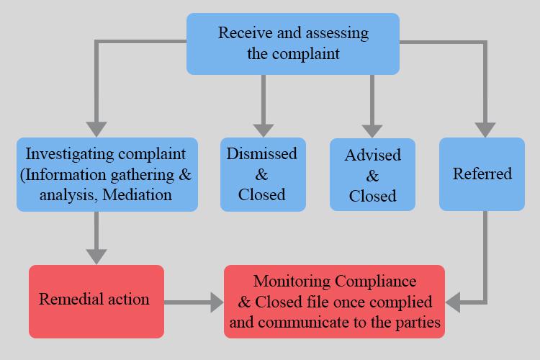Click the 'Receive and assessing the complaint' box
(293, 43)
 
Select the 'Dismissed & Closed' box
(262, 174)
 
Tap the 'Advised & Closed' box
(372, 175)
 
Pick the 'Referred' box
(482, 174)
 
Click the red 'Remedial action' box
(96, 299)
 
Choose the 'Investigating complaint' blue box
(106, 174)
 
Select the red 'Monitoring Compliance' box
(334, 301)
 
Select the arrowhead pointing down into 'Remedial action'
(96, 255)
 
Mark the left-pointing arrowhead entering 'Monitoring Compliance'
(456, 302)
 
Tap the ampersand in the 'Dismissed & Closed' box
(262, 174)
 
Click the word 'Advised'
(372, 156)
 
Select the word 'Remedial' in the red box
(68, 299)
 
